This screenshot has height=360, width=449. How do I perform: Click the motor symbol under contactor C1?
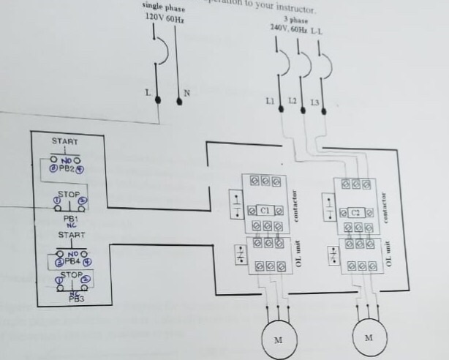278,340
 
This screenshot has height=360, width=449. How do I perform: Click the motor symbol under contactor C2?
369,337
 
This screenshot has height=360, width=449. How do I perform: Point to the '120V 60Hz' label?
164,16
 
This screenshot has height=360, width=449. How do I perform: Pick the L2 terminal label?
292,100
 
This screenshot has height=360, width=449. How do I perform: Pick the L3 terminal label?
314,102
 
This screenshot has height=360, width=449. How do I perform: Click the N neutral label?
186,93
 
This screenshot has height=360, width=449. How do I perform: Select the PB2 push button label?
68,168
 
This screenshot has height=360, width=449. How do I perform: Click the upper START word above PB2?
64,140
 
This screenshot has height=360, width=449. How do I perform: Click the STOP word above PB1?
67,195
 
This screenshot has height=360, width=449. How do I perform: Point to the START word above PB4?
71,236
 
